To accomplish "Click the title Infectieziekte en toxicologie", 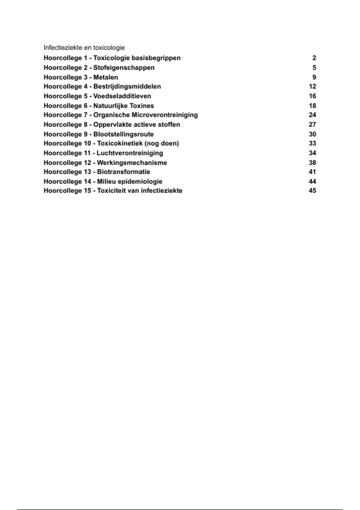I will (84, 48).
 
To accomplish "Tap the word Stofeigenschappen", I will (124, 67).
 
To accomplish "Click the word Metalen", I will (106, 77).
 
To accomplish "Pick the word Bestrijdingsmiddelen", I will (127, 86).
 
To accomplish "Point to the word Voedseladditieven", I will (122, 96).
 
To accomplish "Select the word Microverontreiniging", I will (165, 115).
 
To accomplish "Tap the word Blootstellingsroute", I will (124, 134).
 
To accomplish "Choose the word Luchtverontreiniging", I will (130, 153).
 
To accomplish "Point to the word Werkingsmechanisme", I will (132, 163).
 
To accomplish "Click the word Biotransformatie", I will (124, 172).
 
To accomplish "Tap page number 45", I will (312, 190).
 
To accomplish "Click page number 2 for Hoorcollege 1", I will (314, 58).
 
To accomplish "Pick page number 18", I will (312, 106).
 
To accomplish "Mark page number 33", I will (312, 143).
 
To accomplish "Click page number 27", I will (312, 124).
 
